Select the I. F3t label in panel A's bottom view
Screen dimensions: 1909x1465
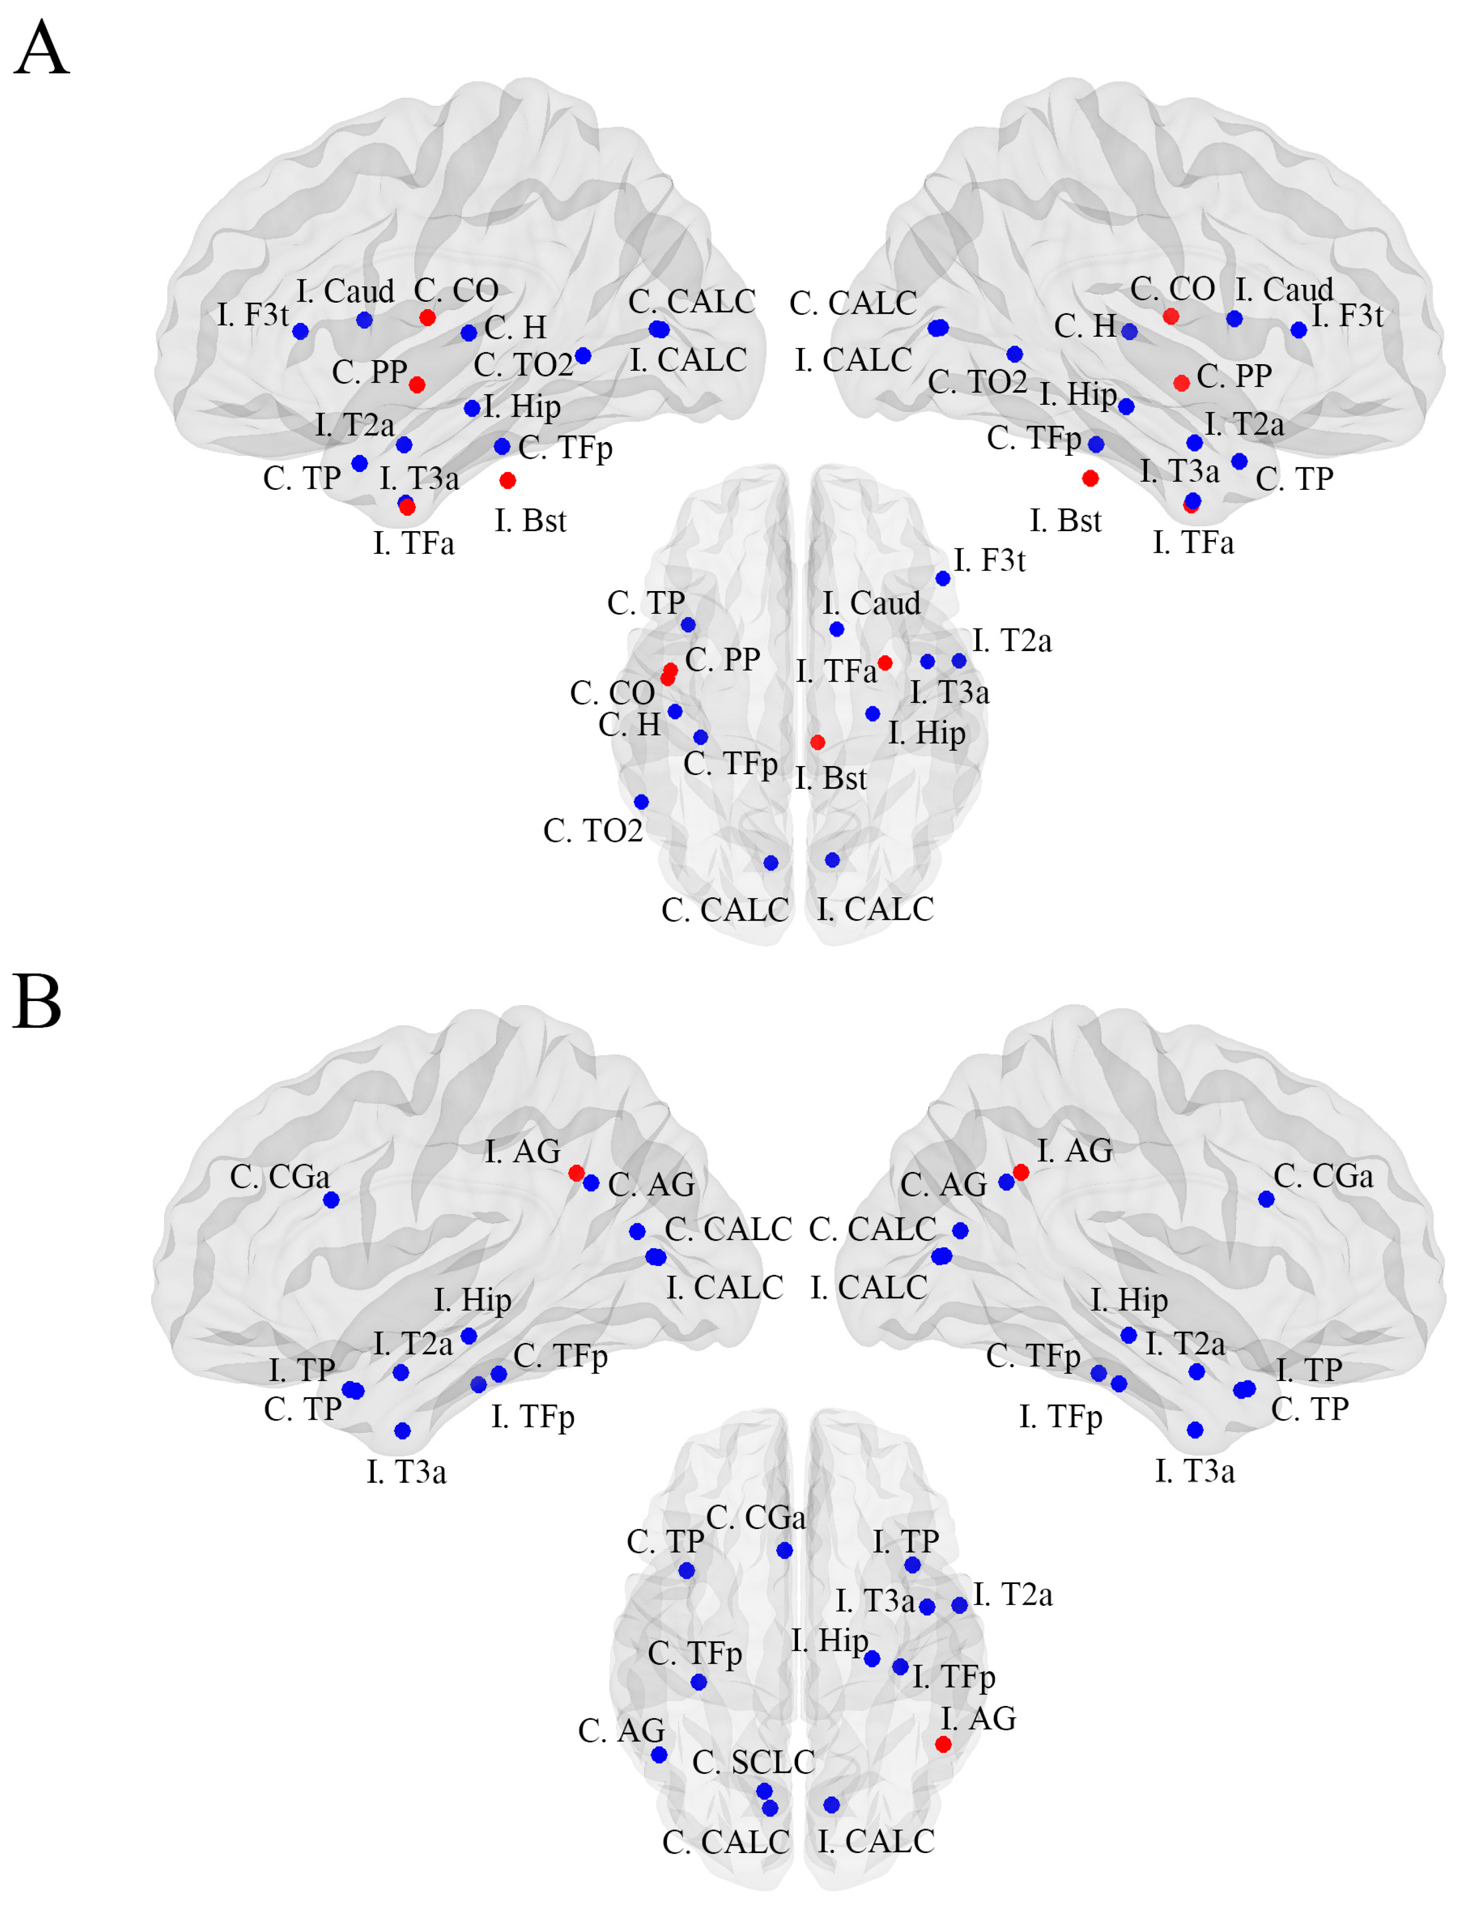tap(990, 560)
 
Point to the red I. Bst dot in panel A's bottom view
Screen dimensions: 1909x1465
tap(817, 742)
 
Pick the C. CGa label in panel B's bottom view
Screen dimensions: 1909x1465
tap(755, 1517)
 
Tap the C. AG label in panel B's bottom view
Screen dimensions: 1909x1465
tap(621, 1730)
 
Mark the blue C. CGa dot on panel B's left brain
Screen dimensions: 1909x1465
tap(331, 1200)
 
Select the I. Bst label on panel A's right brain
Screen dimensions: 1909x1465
tap(1066, 521)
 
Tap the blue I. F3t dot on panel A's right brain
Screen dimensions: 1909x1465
tap(1299, 330)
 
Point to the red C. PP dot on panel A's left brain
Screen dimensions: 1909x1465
tap(417, 385)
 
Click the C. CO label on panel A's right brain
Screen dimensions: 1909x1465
tap(1173, 288)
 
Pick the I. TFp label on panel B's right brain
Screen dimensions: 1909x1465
tap(1061, 1416)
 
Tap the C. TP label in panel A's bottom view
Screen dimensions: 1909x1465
tap(646, 603)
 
